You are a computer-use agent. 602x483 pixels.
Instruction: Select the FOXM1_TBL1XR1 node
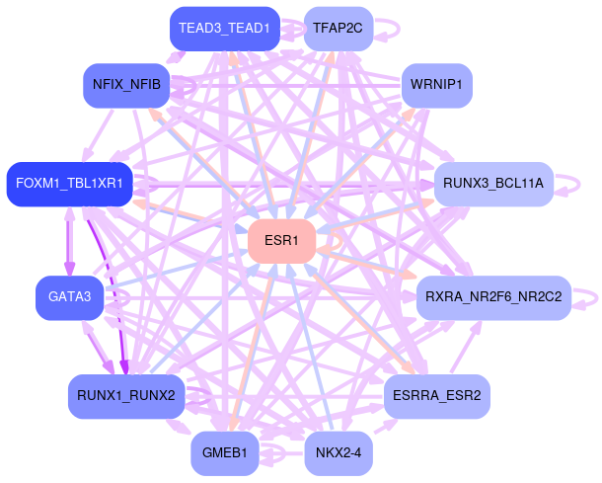(69, 184)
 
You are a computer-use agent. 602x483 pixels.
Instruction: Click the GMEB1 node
(224, 453)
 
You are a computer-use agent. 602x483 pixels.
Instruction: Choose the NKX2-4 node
(339, 453)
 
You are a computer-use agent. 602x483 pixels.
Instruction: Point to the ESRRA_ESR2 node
(436, 396)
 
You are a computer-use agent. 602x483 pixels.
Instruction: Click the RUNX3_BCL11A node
(492, 184)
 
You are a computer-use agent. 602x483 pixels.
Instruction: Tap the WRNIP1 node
(436, 85)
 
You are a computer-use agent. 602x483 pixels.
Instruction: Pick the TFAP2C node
(338, 28)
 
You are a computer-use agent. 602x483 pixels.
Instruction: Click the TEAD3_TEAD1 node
(224, 28)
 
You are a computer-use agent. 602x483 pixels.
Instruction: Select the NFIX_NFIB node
(126, 85)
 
